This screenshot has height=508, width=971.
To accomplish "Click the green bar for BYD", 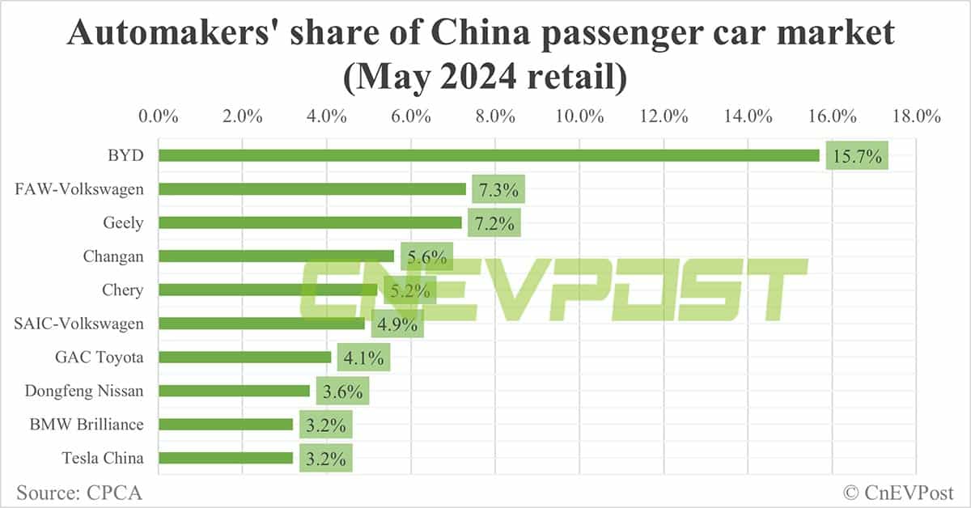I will pos(489,155).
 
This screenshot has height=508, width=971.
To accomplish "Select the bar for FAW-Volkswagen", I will pos(312,189).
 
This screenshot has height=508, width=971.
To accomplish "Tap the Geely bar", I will pos(310,222).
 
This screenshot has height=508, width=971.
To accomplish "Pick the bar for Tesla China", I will pos(226,458).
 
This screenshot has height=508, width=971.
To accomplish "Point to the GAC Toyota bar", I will pos(244,357).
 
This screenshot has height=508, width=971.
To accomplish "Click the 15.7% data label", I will pos(857,155).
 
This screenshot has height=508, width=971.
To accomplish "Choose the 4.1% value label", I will pos(363,357).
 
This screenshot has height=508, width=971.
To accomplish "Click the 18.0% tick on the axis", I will pos(916,116).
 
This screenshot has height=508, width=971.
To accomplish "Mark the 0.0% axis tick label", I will pos(159,116).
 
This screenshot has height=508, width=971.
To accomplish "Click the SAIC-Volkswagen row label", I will pos(79,324).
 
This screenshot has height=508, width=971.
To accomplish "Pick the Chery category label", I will pos(123,290).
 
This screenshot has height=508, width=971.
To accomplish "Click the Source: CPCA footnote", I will pos(73,492).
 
